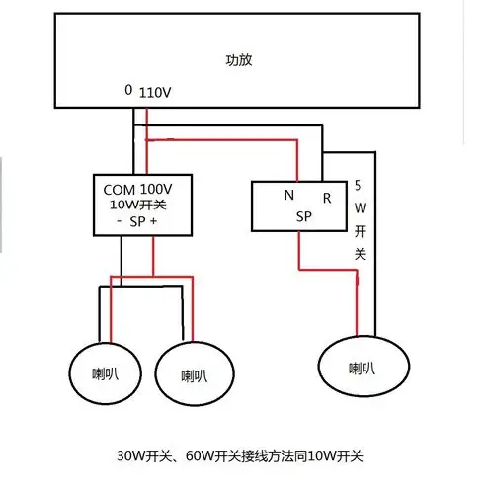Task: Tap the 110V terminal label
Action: (156, 91)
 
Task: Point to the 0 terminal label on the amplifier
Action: (128, 90)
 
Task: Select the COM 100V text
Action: (139, 186)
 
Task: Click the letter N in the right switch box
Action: (288, 195)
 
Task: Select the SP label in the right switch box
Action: (303, 215)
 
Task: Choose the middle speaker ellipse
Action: (194, 374)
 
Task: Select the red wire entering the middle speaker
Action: (194, 316)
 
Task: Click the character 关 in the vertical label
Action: (360, 253)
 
